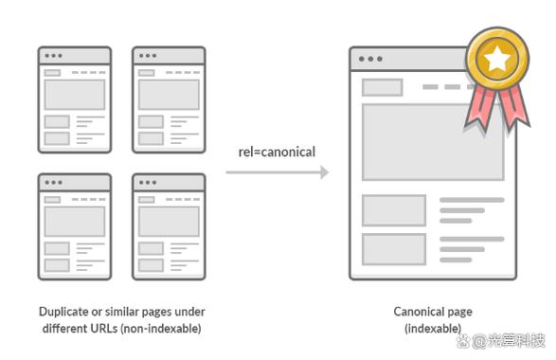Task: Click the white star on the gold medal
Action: pos(496,59)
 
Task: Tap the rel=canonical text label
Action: pos(277,152)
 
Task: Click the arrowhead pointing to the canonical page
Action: pos(324,172)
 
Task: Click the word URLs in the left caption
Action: pos(104,328)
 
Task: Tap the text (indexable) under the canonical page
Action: pos(433,329)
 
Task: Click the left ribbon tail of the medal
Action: pos(479,108)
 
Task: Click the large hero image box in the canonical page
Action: pos(433,142)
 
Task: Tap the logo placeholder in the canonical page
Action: pos(383,87)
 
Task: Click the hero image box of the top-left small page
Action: pos(75,95)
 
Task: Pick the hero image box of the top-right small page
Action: pos(169,95)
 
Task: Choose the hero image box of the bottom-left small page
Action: pos(75,222)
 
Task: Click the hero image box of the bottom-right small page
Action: pos(169,222)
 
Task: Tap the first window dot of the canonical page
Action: pos(361,59)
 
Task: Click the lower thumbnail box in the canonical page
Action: pos(394,249)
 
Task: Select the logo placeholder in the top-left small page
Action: pos(52,73)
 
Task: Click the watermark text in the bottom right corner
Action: pos(501,341)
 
